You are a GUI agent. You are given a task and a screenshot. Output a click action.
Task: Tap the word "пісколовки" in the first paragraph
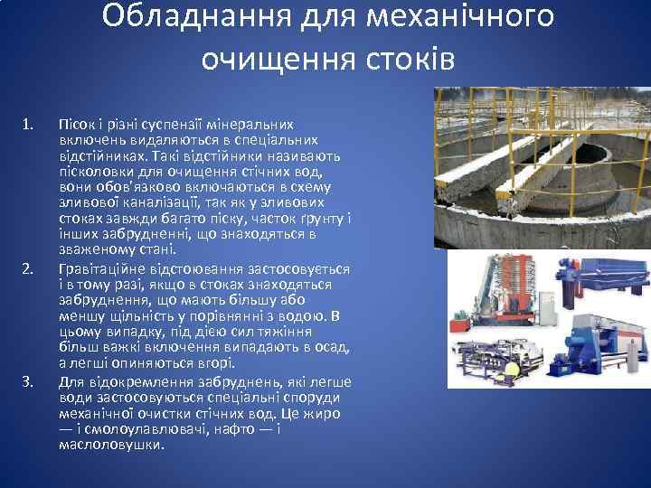pos(93,171)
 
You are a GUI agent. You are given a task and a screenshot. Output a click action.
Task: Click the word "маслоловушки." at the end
pos(111,445)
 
